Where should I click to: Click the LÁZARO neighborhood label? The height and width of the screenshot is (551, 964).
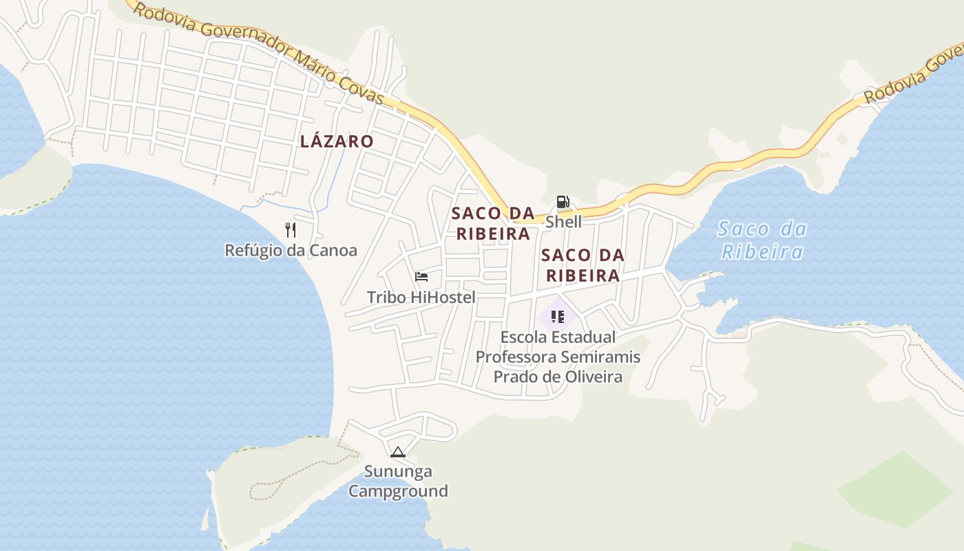(x=337, y=141)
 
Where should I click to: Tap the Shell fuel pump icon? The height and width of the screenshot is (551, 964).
(x=563, y=202)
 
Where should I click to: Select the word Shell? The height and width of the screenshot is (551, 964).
(x=563, y=222)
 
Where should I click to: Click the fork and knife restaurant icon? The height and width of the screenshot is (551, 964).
(x=291, y=229)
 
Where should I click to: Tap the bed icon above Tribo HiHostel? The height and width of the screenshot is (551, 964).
(x=421, y=277)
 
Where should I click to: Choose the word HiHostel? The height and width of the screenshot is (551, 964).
(x=443, y=298)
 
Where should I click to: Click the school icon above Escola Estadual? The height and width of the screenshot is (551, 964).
(x=558, y=317)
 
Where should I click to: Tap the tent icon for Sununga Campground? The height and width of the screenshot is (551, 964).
(x=397, y=453)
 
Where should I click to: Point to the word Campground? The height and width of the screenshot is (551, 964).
(x=398, y=491)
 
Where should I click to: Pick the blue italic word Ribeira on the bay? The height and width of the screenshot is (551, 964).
(x=762, y=251)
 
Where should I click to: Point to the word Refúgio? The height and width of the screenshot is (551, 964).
(x=255, y=250)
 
